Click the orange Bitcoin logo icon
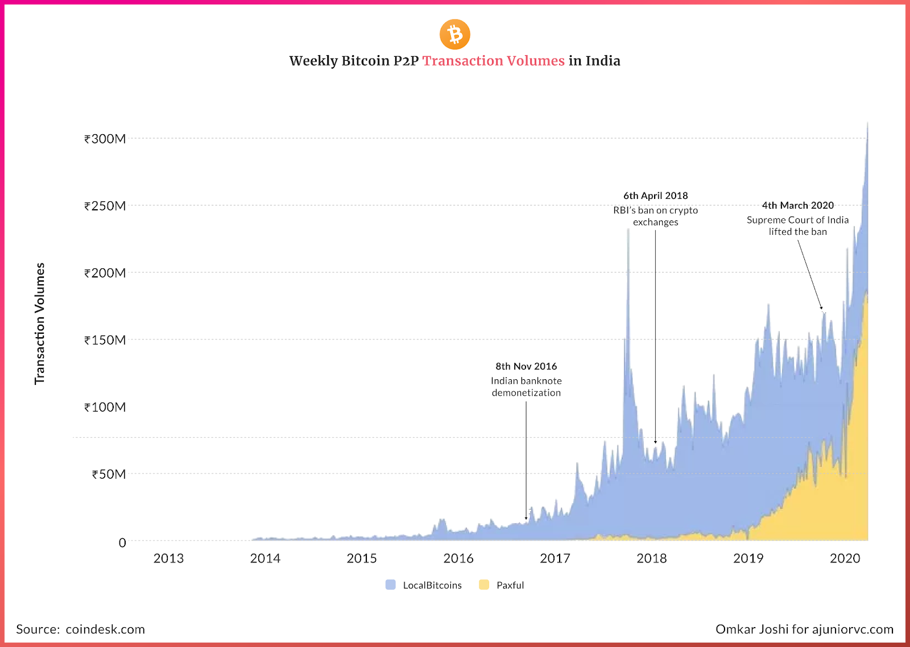point(455,35)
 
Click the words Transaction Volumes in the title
point(493,61)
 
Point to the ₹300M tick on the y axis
point(105,139)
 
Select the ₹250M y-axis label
point(105,206)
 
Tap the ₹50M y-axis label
point(109,474)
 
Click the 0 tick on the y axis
point(122,542)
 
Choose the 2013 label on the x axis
point(168,558)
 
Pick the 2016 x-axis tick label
point(458,558)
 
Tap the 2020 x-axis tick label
point(845,558)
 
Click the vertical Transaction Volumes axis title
point(39,323)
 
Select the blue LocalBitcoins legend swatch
point(391,585)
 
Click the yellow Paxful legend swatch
point(484,585)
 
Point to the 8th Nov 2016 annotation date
point(526,367)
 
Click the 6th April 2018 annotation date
point(655,196)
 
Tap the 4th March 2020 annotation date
point(797,205)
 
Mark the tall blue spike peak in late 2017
point(628,230)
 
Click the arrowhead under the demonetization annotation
point(526,518)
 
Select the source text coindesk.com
point(105,629)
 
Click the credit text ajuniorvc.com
point(853,629)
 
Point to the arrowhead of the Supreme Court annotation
point(821,308)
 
